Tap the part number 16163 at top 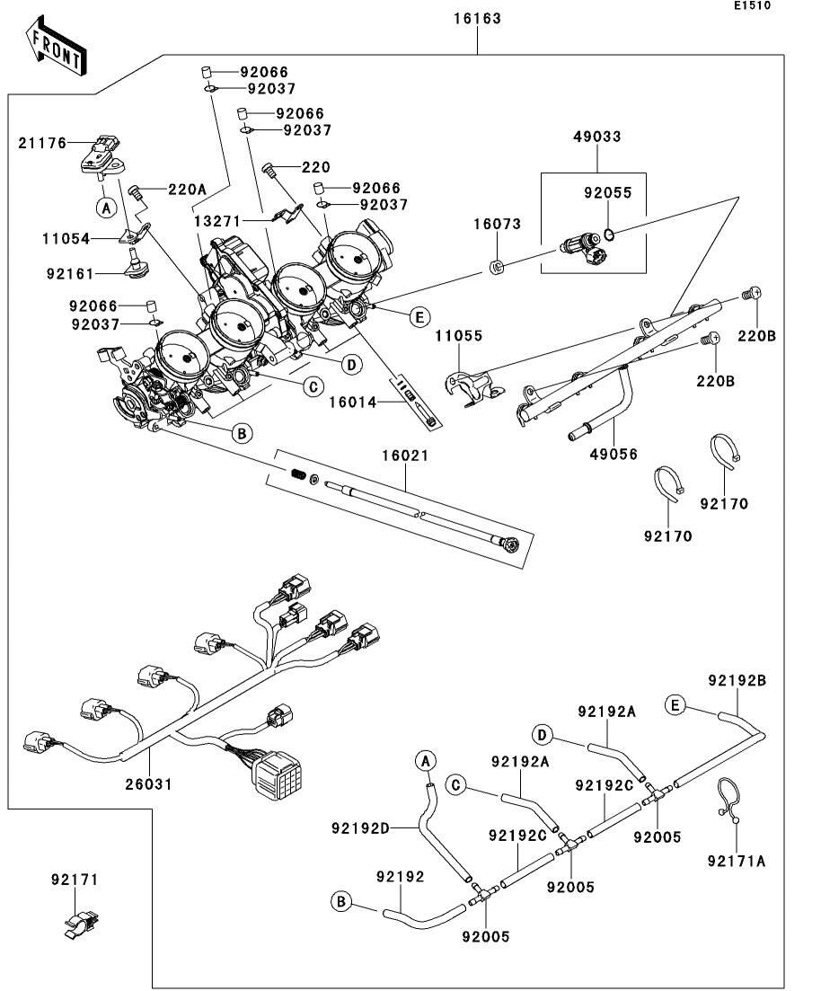476,18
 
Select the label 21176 44,142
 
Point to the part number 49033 597,137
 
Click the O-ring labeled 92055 609,235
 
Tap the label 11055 459,336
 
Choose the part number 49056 614,455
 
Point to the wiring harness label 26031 149,784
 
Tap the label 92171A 737,861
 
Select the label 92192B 737,680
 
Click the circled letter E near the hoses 675,704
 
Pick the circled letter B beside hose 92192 341,901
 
